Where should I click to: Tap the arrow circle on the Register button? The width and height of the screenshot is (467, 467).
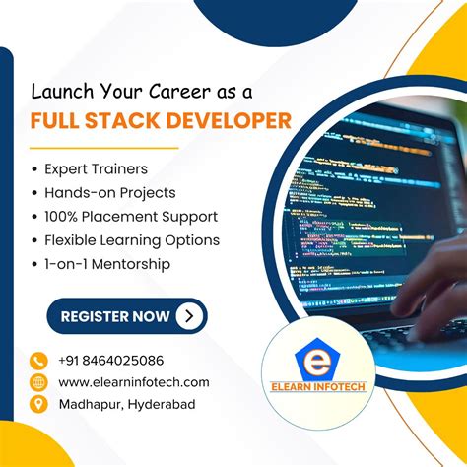189,316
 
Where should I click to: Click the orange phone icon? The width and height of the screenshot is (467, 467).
39,361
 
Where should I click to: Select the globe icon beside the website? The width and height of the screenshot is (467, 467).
39,382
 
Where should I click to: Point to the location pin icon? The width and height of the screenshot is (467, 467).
39,404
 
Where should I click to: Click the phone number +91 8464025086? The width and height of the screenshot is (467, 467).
111,361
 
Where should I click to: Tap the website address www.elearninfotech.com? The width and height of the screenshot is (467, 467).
134,382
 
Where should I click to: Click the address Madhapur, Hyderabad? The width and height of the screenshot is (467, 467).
126,404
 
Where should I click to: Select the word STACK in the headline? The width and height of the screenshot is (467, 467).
126,121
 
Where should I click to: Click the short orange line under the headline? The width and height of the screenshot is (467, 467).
104,148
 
